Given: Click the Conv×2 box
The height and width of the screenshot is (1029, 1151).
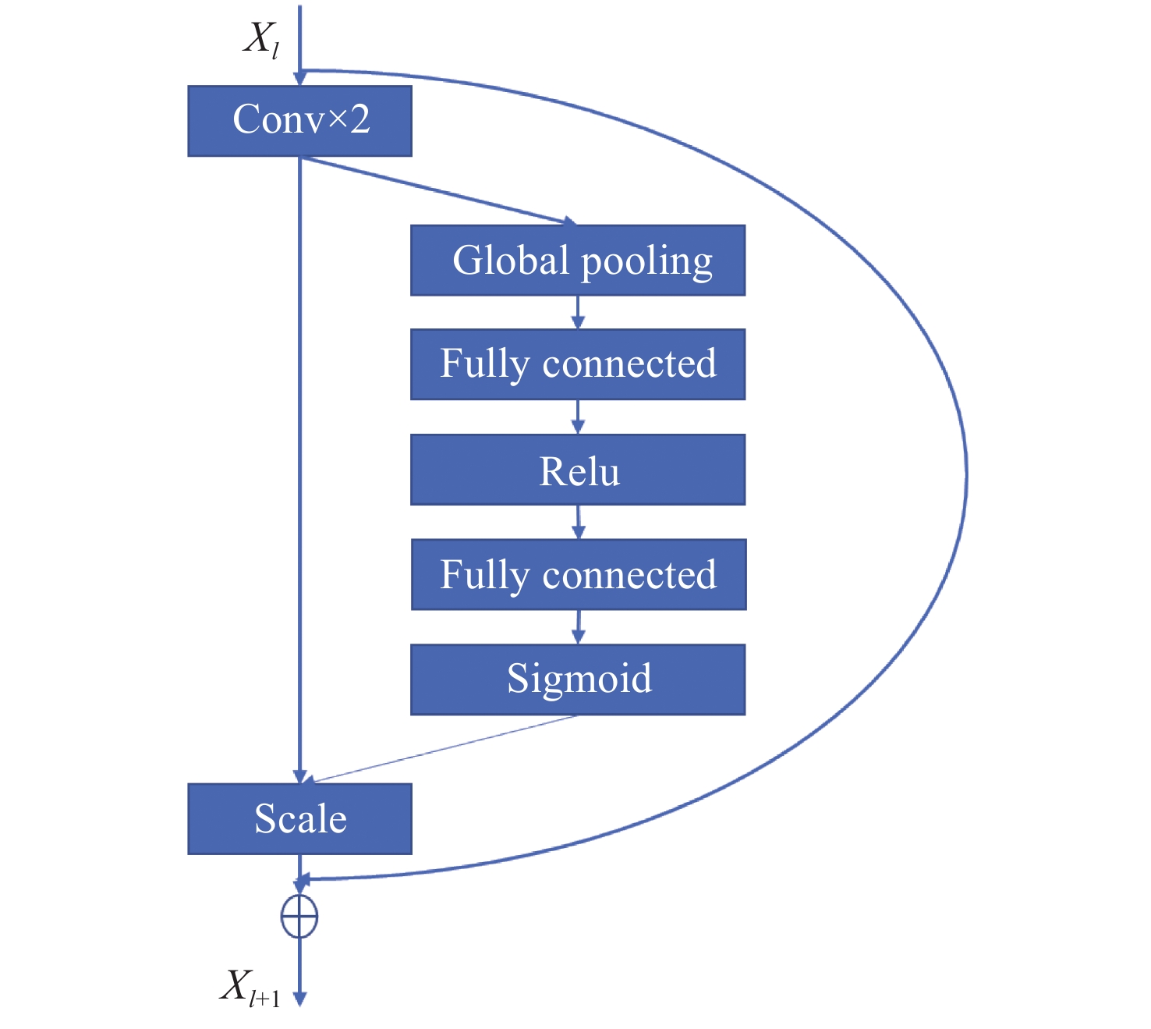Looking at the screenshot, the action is pos(299,120).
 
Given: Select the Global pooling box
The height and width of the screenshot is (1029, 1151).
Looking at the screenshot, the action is pos(578,260).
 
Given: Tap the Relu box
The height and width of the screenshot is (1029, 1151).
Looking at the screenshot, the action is pos(578,470).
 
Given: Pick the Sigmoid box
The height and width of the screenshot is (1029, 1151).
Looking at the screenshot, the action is pos(578,679).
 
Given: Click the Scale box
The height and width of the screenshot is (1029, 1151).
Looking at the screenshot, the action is pos(299,818).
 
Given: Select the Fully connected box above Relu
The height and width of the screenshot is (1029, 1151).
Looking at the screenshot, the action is pos(578,364).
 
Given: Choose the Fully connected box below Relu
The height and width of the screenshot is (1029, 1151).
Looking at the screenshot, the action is pos(579,574).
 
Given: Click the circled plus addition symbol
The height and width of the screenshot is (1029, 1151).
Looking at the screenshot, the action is pos(299,917).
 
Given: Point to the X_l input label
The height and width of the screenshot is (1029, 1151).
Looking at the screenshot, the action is pos(261,40).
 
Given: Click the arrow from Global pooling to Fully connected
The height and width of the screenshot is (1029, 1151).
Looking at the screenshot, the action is pos(578,312).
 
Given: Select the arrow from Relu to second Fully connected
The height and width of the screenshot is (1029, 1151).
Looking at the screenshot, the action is pos(579,522).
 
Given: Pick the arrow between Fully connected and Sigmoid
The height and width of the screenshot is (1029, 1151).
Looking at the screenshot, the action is pos(579,627).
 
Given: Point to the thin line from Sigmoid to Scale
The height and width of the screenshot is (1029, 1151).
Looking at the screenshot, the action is pos(443,749).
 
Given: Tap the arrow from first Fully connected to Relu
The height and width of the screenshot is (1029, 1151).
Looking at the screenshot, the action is pos(578,417).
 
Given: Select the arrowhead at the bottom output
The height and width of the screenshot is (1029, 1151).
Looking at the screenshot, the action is pos(300,999).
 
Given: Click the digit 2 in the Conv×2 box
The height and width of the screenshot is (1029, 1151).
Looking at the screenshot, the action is pos(360,119).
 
